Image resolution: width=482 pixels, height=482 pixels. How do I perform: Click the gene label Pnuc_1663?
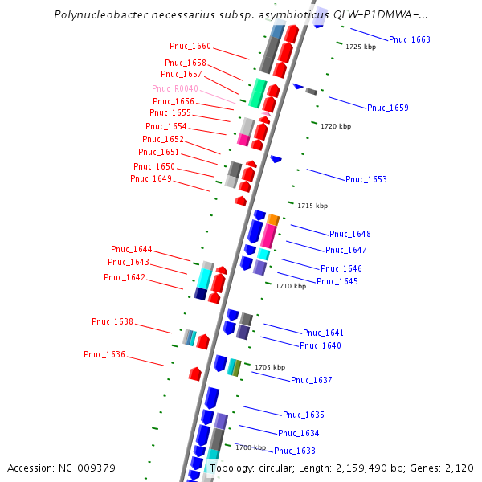click(x=409, y=39)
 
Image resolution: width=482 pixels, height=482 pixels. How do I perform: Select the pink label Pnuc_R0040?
click(x=174, y=88)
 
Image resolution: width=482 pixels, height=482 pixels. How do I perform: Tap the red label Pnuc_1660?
click(x=190, y=47)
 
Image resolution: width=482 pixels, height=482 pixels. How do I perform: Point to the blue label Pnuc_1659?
click(x=387, y=108)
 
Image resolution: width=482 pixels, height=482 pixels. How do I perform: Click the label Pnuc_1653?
click(x=366, y=179)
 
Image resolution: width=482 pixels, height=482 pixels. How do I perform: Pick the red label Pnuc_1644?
click(x=131, y=249)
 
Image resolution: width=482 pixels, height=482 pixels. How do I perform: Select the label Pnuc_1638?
click(x=112, y=321)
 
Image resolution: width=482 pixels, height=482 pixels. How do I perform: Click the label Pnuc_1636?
click(x=104, y=354)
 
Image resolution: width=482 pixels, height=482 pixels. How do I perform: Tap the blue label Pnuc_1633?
click(x=294, y=451)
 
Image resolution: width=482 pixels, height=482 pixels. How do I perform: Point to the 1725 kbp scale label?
click(x=360, y=47)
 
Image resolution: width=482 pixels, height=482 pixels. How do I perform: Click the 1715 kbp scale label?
click(x=312, y=206)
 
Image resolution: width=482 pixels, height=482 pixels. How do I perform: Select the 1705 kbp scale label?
click(x=270, y=367)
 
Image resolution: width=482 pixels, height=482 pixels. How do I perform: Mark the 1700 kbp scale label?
click(x=250, y=447)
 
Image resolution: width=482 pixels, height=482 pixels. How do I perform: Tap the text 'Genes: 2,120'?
click(x=443, y=468)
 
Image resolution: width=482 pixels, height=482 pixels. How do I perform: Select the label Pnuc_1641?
click(x=323, y=333)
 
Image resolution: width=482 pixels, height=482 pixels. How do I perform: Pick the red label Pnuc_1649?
click(x=150, y=178)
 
